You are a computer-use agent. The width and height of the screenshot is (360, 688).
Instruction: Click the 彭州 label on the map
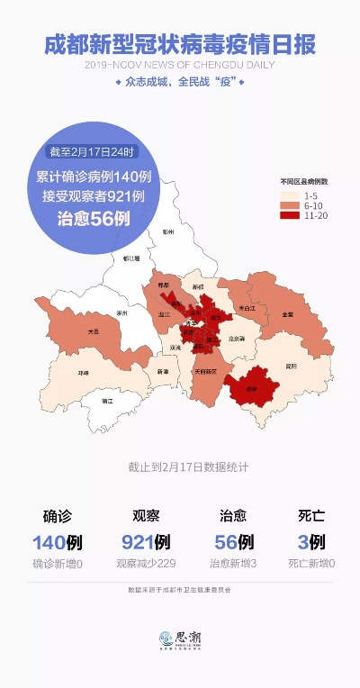(167, 231)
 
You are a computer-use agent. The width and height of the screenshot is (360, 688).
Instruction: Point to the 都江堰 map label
(131, 258)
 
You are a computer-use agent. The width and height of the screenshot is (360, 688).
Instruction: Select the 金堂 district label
(287, 314)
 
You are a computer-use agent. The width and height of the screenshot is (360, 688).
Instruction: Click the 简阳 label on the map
(291, 366)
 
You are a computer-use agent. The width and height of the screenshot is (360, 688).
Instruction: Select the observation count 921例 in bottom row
(146, 542)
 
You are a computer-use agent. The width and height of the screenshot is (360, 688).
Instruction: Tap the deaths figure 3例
(311, 542)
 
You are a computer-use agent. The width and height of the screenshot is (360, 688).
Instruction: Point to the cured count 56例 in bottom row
(233, 542)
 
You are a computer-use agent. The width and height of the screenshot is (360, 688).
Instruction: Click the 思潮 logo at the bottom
(179, 638)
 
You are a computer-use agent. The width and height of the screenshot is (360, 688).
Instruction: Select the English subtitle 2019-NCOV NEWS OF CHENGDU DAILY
(180, 65)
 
